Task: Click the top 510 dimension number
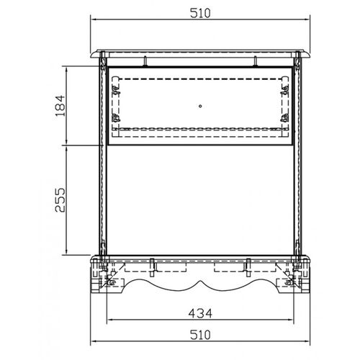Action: (200, 13)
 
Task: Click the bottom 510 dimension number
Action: (200, 335)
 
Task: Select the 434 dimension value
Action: (200, 313)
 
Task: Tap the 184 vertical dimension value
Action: (60, 106)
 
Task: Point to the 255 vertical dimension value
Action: (60, 200)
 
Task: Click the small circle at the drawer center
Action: (200, 106)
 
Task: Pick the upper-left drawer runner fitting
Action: (117, 90)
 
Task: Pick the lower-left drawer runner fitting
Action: (117, 118)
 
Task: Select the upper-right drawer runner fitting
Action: (285, 90)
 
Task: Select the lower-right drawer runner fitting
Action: (285, 118)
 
